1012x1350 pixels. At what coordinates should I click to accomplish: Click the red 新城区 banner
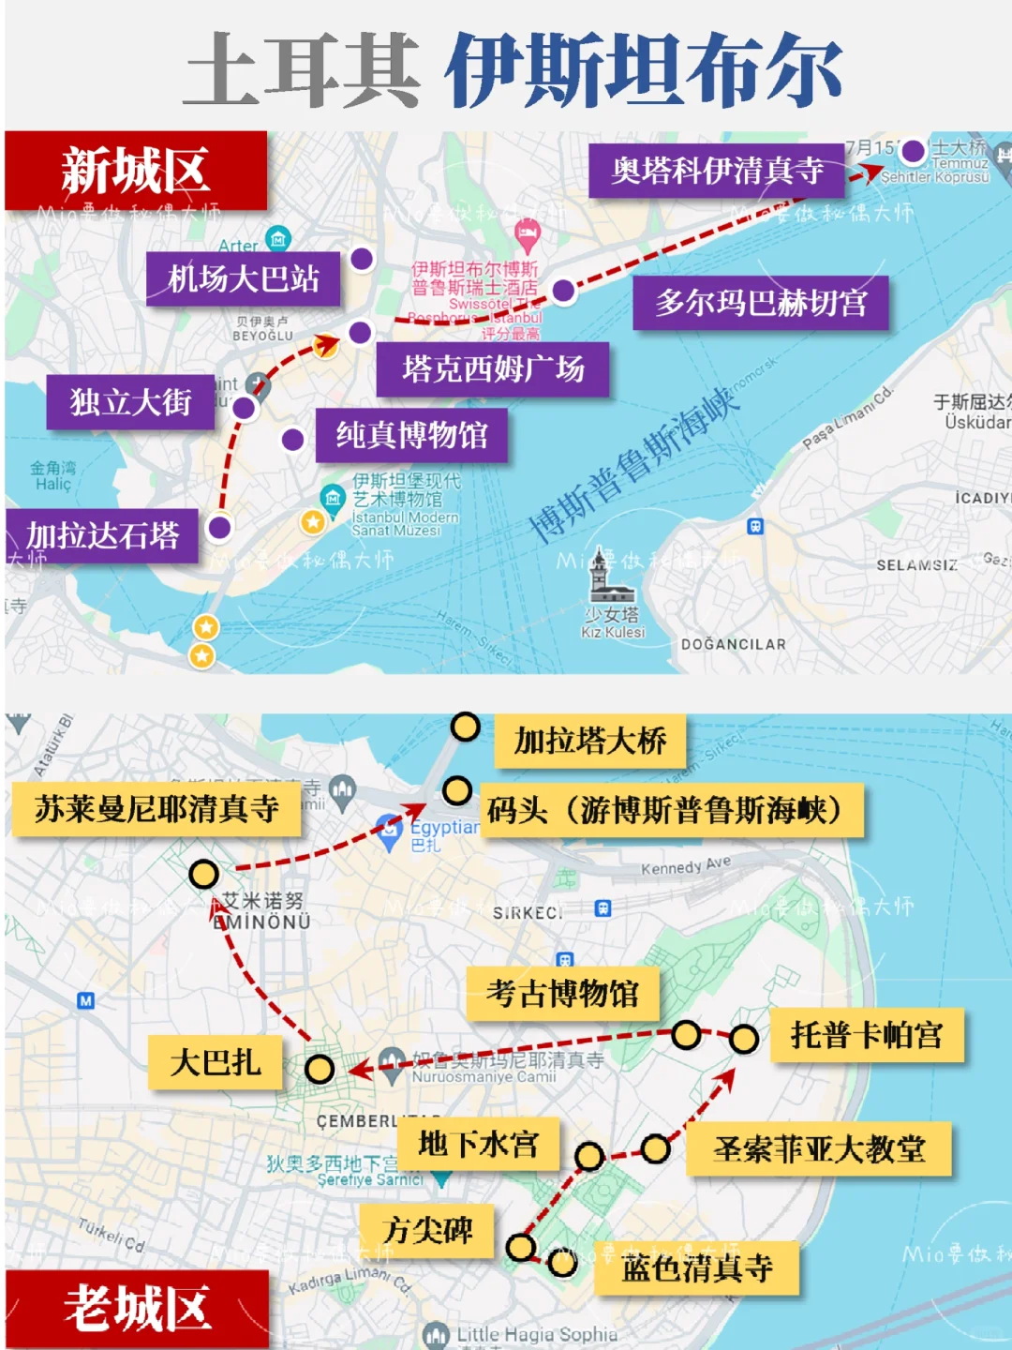tap(136, 171)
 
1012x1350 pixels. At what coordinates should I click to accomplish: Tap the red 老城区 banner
tap(137, 1309)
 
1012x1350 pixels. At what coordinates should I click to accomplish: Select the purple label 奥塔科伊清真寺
tap(717, 171)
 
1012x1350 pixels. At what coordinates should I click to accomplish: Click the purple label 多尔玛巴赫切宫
tap(760, 303)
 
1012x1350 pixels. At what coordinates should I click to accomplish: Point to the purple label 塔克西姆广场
tap(493, 369)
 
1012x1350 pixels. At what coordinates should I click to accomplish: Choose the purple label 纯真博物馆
tap(411, 435)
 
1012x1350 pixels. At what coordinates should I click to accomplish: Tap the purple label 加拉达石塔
tap(102, 535)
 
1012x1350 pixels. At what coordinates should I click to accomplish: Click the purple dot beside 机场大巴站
tap(362, 259)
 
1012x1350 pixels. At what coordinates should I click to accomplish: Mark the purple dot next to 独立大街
tap(244, 408)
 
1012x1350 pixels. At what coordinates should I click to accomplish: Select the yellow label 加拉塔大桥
tap(589, 741)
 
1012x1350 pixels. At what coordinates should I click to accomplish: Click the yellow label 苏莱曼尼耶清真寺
tap(156, 809)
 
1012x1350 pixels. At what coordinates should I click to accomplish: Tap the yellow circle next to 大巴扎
tap(320, 1069)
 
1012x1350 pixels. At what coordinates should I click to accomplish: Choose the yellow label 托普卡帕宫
tap(866, 1035)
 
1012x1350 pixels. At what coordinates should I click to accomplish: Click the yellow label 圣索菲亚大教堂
tap(819, 1149)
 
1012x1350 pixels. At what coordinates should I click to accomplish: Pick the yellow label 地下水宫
tap(478, 1144)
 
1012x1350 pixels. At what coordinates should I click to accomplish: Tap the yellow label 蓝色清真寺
tap(697, 1268)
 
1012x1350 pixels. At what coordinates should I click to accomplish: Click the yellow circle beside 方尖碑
tap(521, 1248)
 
